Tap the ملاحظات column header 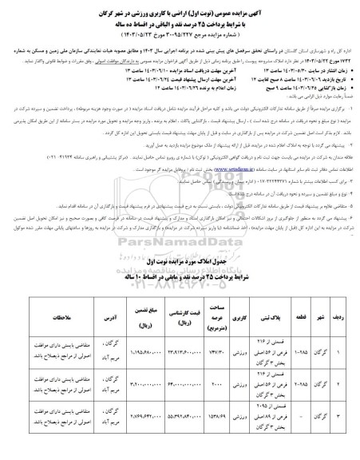coord(54,315)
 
